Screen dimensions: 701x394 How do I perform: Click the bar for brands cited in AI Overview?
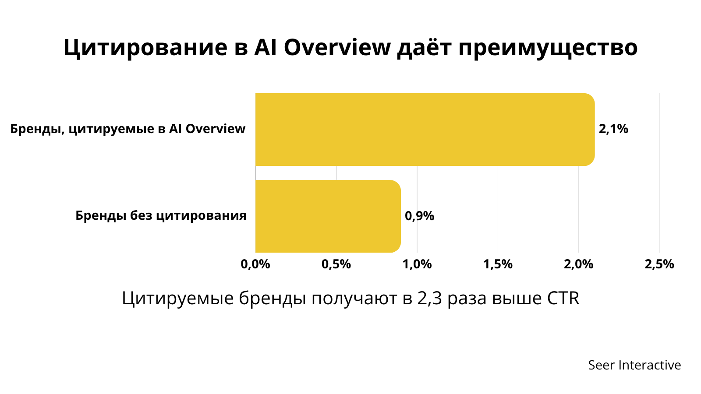tap(425, 130)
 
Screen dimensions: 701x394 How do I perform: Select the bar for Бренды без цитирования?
tap(328, 216)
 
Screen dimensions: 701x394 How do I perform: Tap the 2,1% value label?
tap(613, 129)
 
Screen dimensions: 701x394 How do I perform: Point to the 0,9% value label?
tap(419, 216)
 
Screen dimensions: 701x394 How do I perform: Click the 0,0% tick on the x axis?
tap(255, 264)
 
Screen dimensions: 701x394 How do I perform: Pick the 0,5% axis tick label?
tap(336, 264)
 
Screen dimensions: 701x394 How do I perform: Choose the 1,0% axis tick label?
tap(417, 264)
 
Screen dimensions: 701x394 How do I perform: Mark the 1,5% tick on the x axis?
tap(498, 264)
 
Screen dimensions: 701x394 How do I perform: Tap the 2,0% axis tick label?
tap(579, 264)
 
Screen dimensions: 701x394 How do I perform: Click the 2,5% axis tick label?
tap(659, 264)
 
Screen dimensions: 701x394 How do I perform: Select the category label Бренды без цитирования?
tap(161, 216)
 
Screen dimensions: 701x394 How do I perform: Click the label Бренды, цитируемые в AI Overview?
tap(127, 129)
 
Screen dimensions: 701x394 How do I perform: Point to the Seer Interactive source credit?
tap(635, 365)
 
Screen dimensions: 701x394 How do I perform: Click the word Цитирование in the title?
tap(145, 48)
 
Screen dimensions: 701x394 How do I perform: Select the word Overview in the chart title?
tap(337, 48)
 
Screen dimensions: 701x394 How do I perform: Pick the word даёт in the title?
tap(425, 48)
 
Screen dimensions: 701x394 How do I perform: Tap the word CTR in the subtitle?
tap(563, 298)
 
